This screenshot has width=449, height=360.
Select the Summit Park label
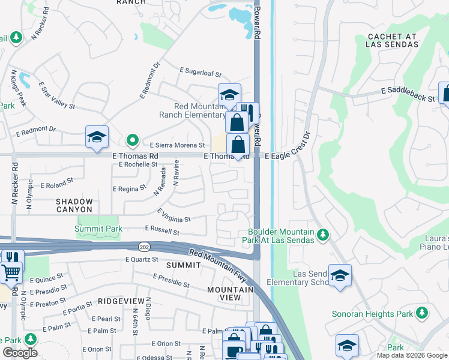point(98,229)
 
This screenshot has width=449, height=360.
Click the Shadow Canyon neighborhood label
point(75,206)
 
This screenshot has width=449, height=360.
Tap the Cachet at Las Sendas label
point(393,41)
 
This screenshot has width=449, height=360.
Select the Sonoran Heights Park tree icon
point(422,313)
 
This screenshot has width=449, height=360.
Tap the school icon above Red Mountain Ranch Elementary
point(229,94)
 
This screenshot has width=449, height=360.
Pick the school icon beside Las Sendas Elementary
point(340,275)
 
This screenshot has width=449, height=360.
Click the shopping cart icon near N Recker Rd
point(11,272)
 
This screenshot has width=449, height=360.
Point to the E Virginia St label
point(173,216)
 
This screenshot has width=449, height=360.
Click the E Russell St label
point(162,230)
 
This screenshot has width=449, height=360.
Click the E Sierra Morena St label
point(177,145)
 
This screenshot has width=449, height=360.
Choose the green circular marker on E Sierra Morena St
point(133,142)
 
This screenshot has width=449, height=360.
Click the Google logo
point(20,353)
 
